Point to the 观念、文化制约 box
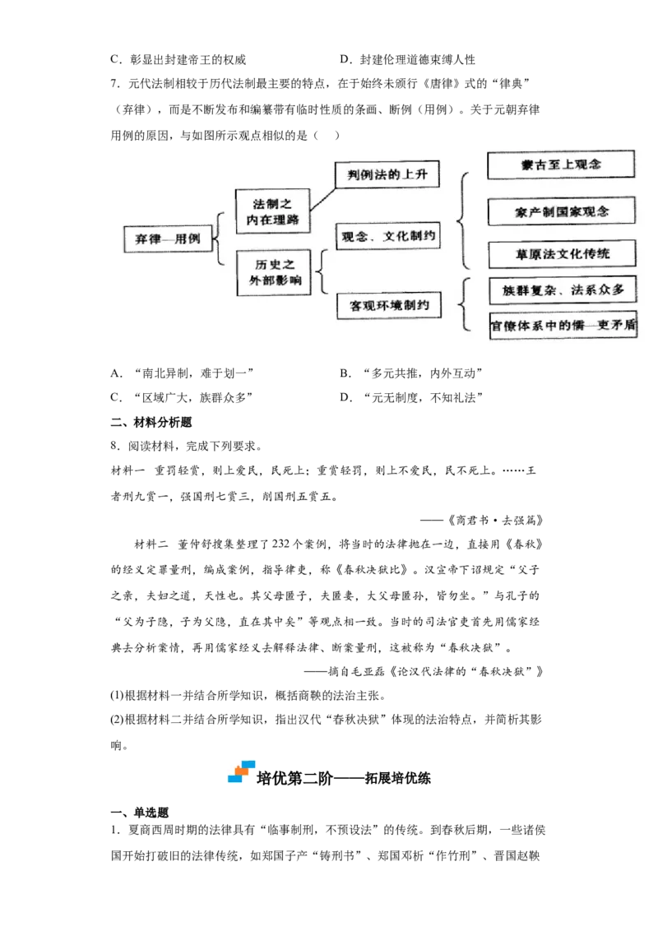click(388, 236)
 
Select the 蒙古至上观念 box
click(561, 164)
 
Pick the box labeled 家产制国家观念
click(561, 211)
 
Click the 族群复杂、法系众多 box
click(563, 290)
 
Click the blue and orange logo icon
click(240, 773)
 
